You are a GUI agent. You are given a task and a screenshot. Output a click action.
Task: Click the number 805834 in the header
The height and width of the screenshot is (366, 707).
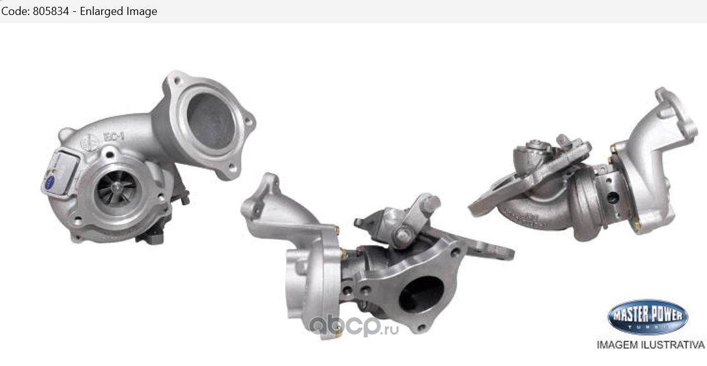[x=51, y=11]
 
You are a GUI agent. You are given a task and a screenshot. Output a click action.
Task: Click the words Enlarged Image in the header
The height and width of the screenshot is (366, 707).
[x=119, y=11]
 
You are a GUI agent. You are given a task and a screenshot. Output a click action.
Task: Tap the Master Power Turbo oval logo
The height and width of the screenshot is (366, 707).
[x=648, y=317]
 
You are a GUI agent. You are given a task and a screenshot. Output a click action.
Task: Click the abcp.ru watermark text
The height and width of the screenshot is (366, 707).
[x=353, y=326]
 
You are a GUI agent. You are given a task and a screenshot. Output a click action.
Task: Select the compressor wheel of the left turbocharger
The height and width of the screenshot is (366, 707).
[x=117, y=189]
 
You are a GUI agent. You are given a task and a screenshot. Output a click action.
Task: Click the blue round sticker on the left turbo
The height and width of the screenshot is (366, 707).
[x=50, y=182]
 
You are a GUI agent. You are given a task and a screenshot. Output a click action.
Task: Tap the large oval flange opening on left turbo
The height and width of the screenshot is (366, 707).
[x=210, y=121]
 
